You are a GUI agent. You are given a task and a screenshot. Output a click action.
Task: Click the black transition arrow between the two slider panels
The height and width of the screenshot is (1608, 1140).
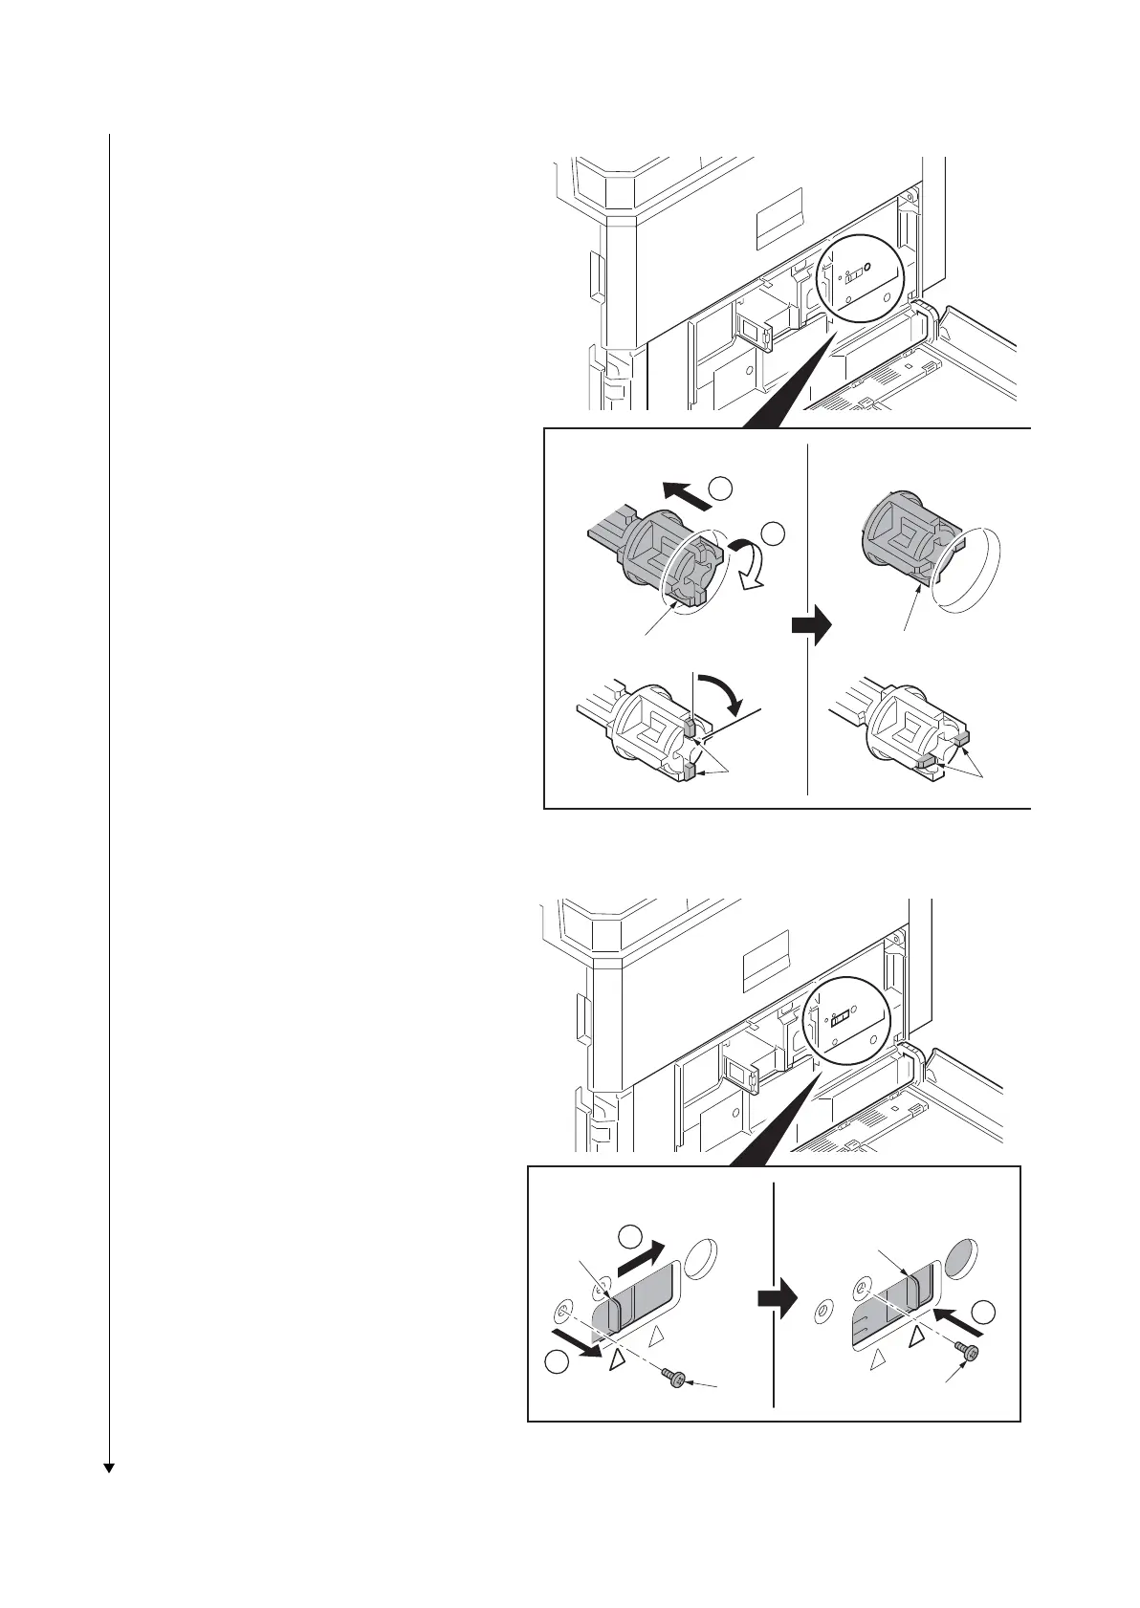click(776, 1299)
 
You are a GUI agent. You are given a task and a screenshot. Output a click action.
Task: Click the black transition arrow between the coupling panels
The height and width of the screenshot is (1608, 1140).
click(810, 628)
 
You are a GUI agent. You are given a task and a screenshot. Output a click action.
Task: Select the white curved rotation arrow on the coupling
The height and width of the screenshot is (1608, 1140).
click(746, 565)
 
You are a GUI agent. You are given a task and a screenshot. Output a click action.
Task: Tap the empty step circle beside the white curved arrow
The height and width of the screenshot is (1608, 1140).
click(772, 532)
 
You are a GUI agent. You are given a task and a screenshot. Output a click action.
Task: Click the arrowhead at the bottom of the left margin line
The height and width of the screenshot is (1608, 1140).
click(109, 1467)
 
